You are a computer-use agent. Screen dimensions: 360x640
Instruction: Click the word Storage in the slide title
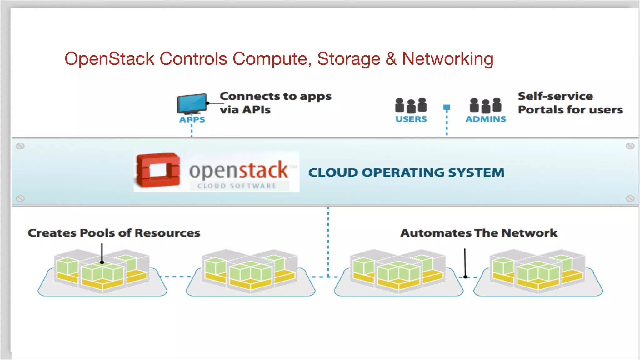click(x=349, y=59)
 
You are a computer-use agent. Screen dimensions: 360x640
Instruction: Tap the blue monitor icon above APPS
click(x=192, y=103)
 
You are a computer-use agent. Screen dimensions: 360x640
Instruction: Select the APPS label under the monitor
click(x=192, y=120)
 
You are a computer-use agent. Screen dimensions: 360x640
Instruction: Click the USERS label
click(x=411, y=119)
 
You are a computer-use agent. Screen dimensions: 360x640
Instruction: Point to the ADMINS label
click(x=486, y=119)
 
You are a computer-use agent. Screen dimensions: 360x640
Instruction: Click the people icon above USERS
click(x=411, y=105)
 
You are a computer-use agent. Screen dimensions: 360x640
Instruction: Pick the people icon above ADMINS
click(x=485, y=105)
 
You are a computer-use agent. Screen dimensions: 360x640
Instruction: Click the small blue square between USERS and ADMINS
click(x=447, y=107)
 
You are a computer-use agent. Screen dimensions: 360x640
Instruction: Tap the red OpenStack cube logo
click(x=158, y=170)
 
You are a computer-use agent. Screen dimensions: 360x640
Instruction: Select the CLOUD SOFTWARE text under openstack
click(x=237, y=186)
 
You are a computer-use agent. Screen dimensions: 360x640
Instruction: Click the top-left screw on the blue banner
click(x=20, y=146)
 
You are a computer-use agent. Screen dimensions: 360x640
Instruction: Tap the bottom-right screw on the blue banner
click(x=630, y=199)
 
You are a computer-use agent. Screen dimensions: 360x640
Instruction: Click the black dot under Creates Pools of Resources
click(x=102, y=262)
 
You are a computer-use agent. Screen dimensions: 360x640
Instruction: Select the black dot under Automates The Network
click(x=465, y=277)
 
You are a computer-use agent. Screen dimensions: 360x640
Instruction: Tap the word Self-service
click(x=555, y=96)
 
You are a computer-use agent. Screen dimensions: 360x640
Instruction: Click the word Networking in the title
click(x=447, y=59)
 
